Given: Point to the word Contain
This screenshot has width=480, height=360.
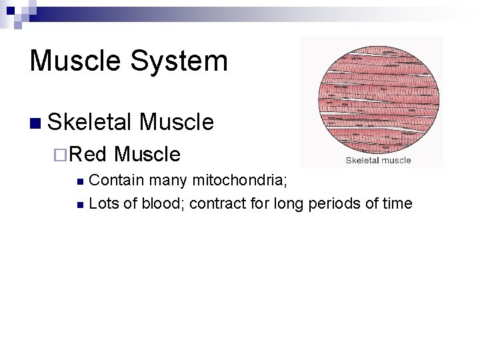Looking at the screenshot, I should click(116, 180).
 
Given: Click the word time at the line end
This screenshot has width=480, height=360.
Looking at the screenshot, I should click(397, 203).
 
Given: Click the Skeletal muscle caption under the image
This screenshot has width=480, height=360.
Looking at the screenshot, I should click(377, 160).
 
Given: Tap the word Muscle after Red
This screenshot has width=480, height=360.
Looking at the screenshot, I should click(147, 154).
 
